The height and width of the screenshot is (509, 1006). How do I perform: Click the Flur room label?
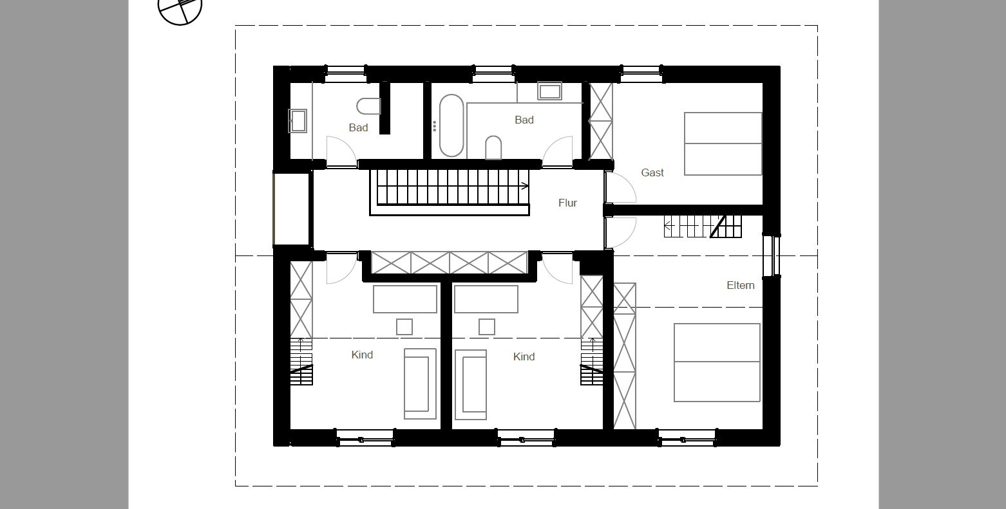pyautogui.click(x=567, y=203)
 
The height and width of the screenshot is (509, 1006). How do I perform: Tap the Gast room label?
pyautogui.click(x=652, y=172)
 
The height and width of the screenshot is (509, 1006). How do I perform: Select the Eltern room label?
pyautogui.click(x=741, y=285)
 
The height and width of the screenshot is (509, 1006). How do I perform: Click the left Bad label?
pyautogui.click(x=358, y=127)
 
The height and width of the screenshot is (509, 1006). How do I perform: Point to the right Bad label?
pyautogui.click(x=524, y=120)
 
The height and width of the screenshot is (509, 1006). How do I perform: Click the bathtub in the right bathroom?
pyautogui.click(x=451, y=125)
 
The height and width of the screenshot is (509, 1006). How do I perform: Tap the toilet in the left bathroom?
pyautogui.click(x=369, y=106)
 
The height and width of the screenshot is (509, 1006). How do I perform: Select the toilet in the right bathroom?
pyautogui.click(x=493, y=147)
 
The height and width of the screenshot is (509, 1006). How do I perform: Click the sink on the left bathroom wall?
pyautogui.click(x=298, y=121)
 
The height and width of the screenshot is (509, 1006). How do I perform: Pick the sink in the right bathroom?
pyautogui.click(x=550, y=91)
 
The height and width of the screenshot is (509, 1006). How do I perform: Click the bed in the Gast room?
pyautogui.click(x=723, y=143)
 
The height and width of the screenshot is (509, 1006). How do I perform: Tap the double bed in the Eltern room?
pyautogui.click(x=717, y=363)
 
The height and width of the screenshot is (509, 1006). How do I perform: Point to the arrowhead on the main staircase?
pyautogui.click(x=525, y=186)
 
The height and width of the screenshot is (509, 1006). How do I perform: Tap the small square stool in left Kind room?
pyautogui.click(x=404, y=327)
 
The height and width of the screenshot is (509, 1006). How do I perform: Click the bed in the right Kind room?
pyautogui.click(x=471, y=385)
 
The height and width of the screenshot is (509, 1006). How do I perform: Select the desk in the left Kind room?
pyautogui.click(x=405, y=299)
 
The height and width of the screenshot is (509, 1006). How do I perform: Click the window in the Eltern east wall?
pyautogui.click(x=772, y=255)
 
